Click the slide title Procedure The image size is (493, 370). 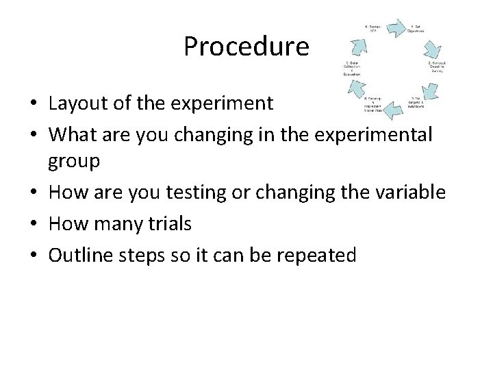[246, 47]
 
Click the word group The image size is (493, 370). [74, 162]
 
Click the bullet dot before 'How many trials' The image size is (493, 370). [33, 224]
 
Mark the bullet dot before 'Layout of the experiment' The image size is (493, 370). [33, 104]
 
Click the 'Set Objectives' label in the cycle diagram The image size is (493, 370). [416, 29]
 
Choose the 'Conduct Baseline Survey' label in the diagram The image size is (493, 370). [437, 66]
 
